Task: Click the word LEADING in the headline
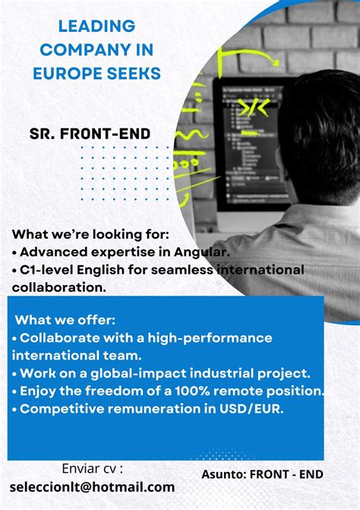coord(96,26)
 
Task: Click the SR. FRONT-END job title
coord(90,135)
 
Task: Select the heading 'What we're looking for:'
coord(90,233)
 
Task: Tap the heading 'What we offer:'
coord(65,319)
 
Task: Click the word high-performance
coord(210,337)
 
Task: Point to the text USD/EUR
coord(255,409)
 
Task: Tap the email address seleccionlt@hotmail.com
coord(92,486)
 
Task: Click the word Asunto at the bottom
coord(224,474)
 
